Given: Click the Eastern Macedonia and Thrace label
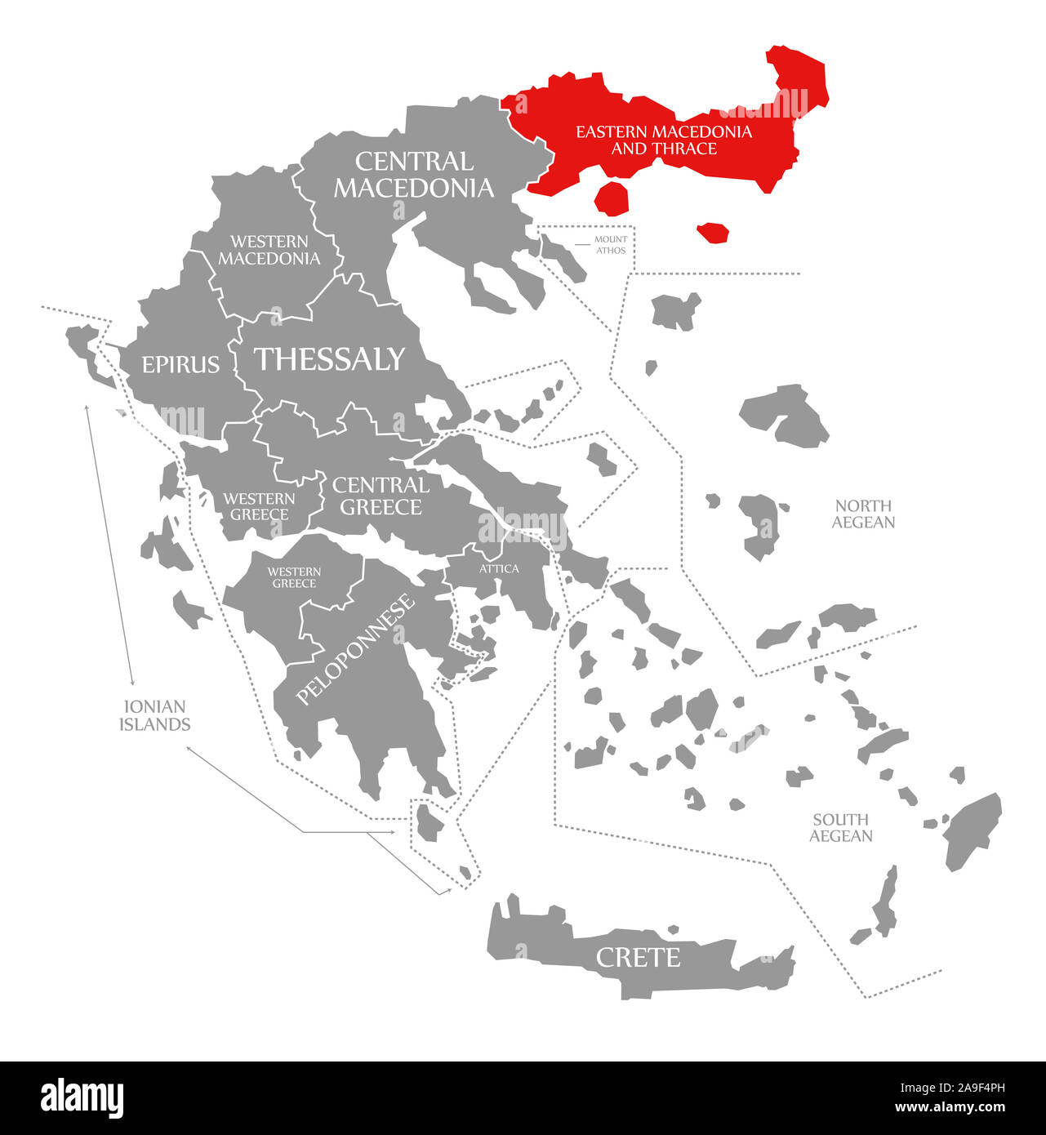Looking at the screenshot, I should (x=663, y=140).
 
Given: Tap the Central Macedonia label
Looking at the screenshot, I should (x=414, y=175).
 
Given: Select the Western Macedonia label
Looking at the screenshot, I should (x=269, y=250).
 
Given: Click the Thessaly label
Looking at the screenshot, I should (x=329, y=359).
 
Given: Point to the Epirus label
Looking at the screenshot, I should (x=180, y=364).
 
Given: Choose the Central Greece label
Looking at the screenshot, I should (x=381, y=496).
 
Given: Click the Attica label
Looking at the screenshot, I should (x=499, y=568).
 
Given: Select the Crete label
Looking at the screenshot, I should (x=638, y=957).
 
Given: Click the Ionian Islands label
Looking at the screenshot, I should (x=154, y=715).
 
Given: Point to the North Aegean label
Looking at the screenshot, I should (x=863, y=514).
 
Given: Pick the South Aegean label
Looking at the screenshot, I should (x=840, y=827).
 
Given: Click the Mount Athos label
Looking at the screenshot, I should (x=611, y=245).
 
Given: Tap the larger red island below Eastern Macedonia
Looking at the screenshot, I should (x=612, y=198).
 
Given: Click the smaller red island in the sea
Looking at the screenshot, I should (x=714, y=232).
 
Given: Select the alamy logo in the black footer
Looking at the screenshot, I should (x=82, y=1098).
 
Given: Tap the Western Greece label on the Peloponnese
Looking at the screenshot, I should (x=294, y=577).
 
